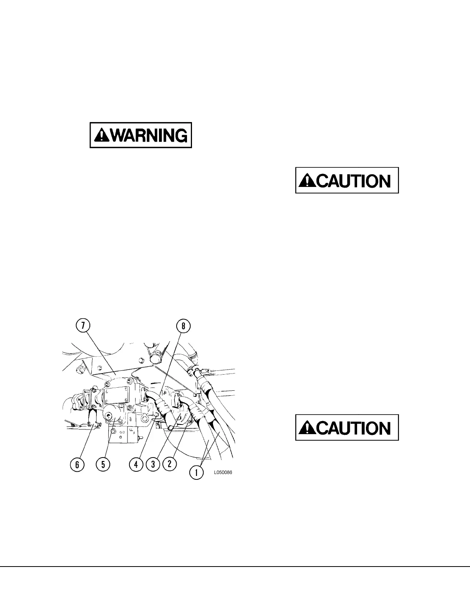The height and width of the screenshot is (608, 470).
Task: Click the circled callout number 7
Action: (x=83, y=325)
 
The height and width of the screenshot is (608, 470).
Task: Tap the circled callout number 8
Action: (x=183, y=326)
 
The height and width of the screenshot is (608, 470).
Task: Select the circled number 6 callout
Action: (x=77, y=464)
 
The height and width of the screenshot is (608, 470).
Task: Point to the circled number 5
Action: (x=103, y=464)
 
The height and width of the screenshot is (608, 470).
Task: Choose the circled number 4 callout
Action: (x=136, y=464)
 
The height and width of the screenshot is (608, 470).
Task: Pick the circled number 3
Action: (x=153, y=464)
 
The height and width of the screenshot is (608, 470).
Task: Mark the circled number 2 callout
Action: (x=169, y=463)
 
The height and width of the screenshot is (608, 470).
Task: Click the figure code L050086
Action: (x=223, y=473)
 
